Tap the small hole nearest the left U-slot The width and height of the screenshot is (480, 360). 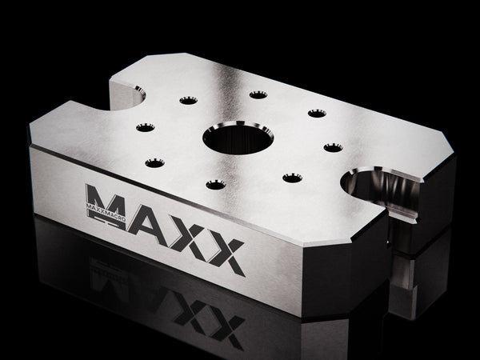pos(188,101)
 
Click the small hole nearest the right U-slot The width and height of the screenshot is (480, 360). pos(333,146)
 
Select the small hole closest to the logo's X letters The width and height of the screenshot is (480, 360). pos(215,185)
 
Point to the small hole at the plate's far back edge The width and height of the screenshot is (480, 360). pos(258,94)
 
